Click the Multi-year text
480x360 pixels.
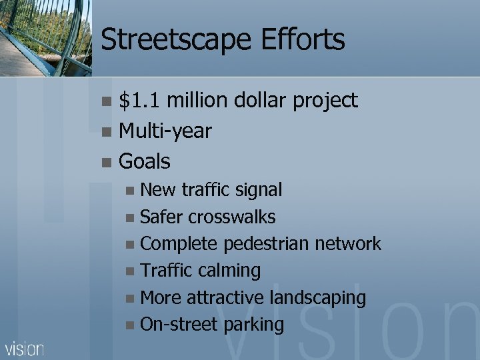(x=165, y=131)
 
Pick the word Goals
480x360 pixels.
(x=144, y=161)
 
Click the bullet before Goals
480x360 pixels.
(x=107, y=162)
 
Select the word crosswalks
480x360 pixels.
(x=231, y=217)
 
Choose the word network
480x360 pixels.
(x=347, y=244)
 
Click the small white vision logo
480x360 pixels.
(x=25, y=349)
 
